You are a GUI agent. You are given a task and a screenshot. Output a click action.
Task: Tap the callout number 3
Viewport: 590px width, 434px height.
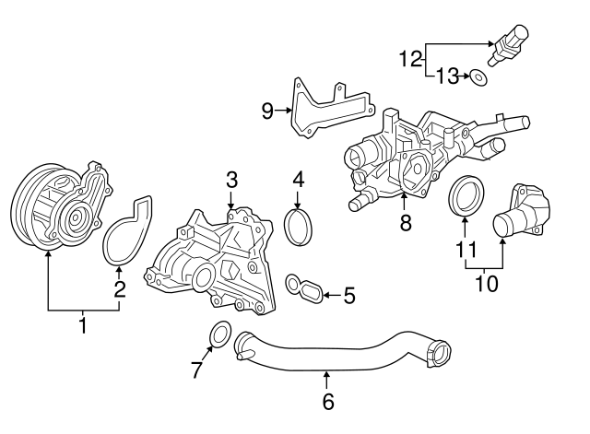tap(231, 178)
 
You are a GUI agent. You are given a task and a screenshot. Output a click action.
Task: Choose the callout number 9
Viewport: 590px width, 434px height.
tap(267, 111)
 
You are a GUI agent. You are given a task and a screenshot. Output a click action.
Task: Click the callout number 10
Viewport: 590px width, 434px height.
tap(485, 283)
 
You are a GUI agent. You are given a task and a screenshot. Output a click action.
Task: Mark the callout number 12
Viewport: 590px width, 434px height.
tap(409, 60)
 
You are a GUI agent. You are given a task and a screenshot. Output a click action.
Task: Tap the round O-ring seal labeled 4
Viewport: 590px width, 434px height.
tap(298, 228)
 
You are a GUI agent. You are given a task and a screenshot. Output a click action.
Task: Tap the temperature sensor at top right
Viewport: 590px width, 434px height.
tap(511, 44)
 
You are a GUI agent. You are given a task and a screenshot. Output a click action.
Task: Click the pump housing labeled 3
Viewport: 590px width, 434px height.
tap(214, 261)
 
